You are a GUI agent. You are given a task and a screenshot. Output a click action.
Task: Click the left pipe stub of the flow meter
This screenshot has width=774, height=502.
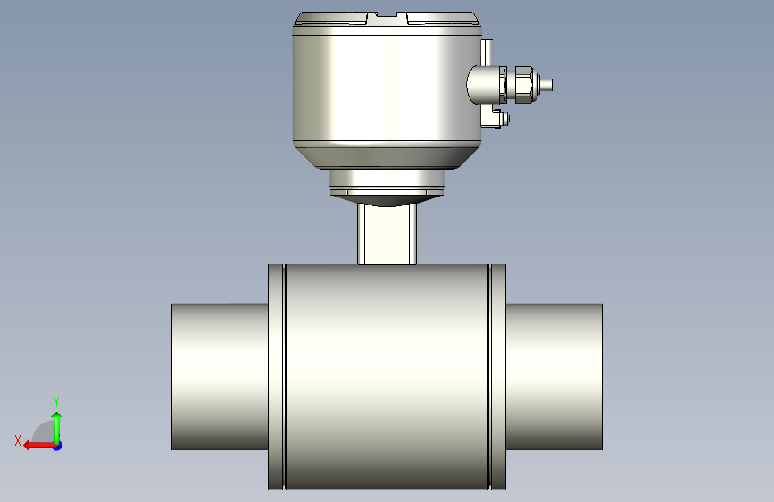[220, 377]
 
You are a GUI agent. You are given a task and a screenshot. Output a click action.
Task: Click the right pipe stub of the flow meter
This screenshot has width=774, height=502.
[553, 377]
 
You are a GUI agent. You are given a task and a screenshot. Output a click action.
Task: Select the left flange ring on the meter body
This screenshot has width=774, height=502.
[277, 377]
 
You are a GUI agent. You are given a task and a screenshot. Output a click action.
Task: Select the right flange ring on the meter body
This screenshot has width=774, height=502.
[497, 377]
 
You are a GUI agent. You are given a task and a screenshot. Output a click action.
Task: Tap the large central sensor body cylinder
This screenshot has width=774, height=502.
[387, 377]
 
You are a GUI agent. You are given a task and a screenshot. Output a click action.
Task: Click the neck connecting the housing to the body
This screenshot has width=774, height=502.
[387, 234]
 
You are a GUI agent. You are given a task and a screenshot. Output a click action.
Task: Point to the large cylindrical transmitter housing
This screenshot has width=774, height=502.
[387, 89]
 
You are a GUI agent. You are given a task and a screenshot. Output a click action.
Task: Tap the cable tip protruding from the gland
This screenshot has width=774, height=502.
[545, 85]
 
